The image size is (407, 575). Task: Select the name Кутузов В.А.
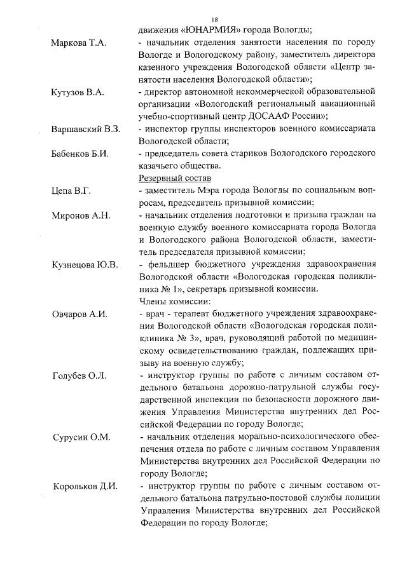[77, 92]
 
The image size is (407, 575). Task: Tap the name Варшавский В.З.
[86, 129]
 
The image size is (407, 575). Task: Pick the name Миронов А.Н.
[81, 215]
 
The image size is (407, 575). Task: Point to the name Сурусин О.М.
[81, 438]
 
